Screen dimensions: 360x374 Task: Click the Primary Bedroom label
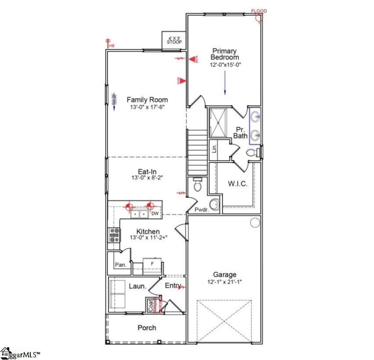pos(224,54)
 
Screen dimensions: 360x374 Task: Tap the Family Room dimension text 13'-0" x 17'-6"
pos(147,108)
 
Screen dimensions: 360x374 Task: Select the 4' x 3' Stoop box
pos(174,39)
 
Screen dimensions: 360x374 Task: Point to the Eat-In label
pos(147,171)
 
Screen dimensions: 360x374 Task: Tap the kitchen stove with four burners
pos(114,235)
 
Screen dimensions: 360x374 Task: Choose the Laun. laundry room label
pos(137,286)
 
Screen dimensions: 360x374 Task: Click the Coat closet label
pos(151,305)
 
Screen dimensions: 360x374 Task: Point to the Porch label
pos(147,327)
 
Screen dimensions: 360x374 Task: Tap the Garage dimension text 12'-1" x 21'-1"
pos(225,282)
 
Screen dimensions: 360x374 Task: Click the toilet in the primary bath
pos(251,153)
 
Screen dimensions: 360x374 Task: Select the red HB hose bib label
pos(111,45)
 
